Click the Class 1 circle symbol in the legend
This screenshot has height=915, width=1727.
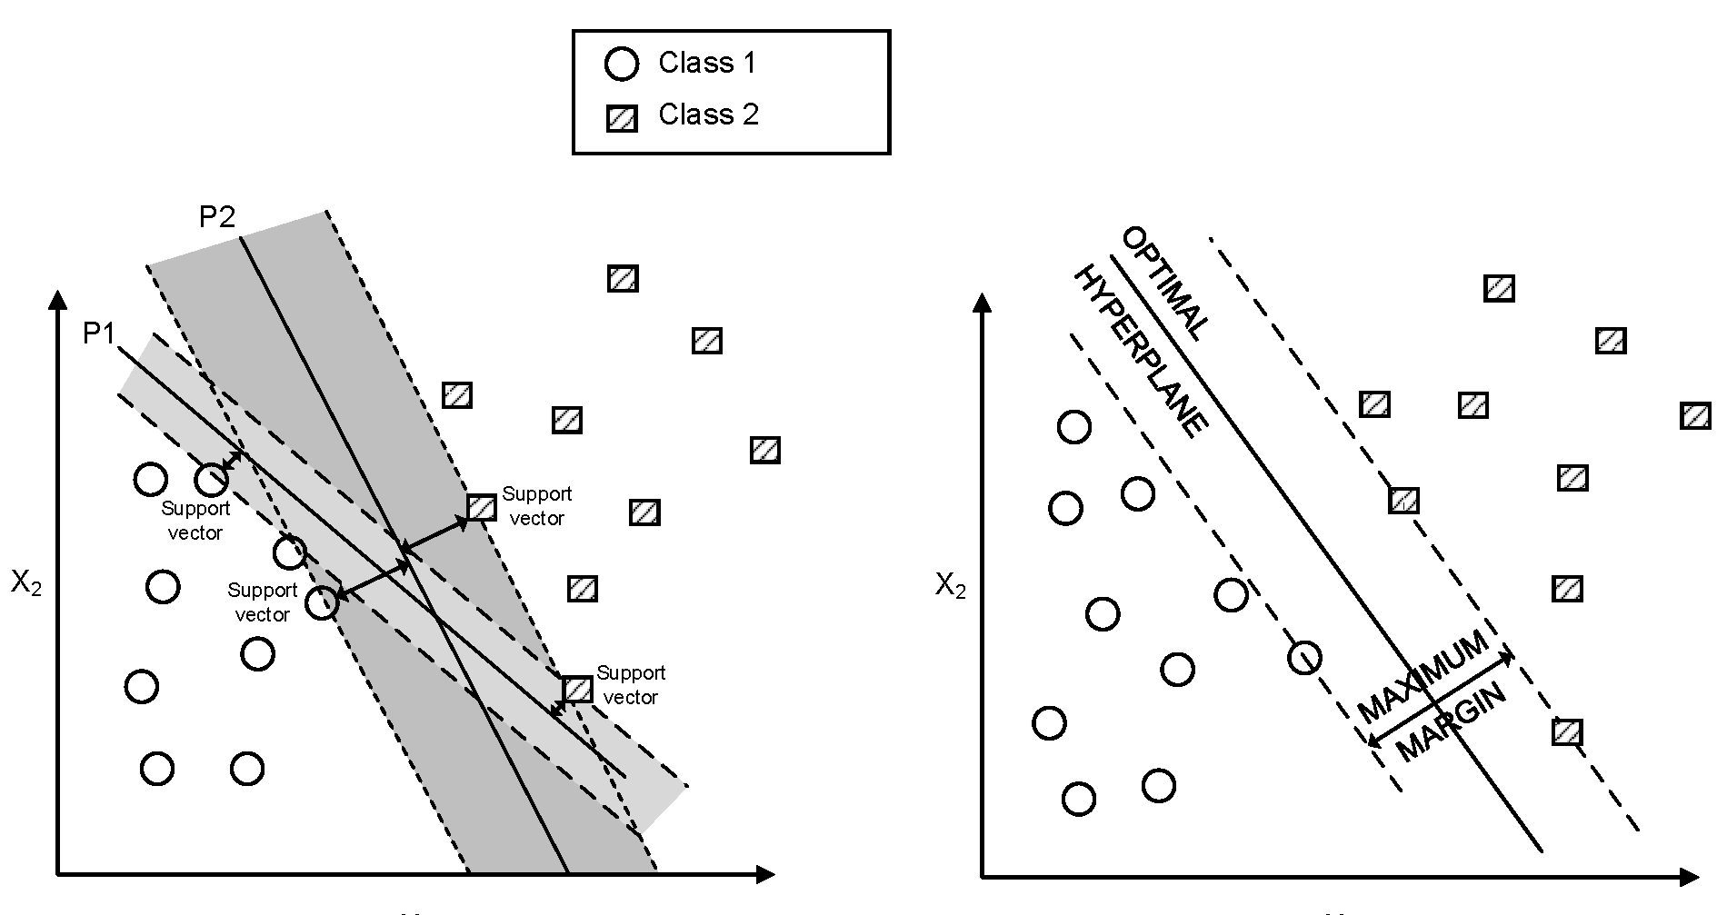point(622,65)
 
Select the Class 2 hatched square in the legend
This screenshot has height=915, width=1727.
point(622,118)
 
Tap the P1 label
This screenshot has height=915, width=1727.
point(99,334)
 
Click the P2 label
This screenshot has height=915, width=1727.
point(217,216)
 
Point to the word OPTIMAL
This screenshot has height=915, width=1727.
point(1166,283)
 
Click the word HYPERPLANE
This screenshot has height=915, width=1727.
point(1142,352)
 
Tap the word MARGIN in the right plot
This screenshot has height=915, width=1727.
point(1451,723)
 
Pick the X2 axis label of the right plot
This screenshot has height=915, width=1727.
point(951,587)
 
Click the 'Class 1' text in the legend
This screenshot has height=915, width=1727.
point(707,63)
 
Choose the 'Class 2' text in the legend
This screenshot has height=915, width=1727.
point(708,114)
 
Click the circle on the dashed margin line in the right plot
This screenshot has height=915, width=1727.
point(1304,657)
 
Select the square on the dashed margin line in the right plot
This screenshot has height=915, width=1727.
point(1403,500)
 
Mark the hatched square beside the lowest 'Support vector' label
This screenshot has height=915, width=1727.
point(577,689)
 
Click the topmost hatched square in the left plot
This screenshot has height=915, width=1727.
point(623,278)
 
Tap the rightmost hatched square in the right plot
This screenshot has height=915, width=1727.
point(1695,416)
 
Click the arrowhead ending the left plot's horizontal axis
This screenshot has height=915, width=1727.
point(765,875)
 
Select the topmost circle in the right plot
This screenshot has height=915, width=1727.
point(1074,426)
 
